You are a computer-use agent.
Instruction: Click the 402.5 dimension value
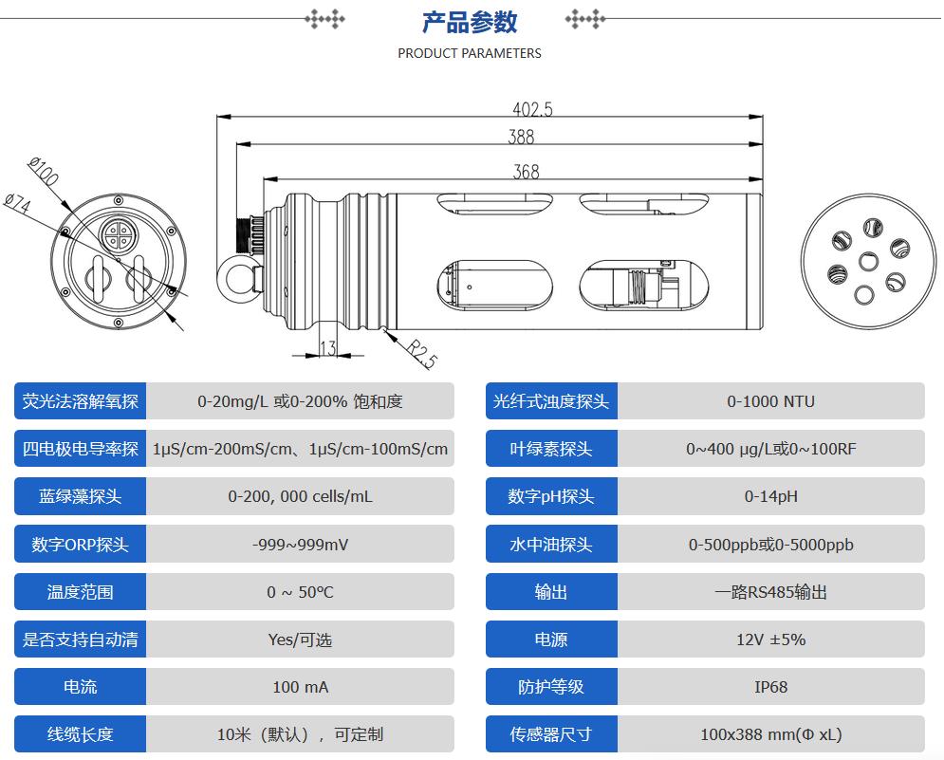[x=532, y=109]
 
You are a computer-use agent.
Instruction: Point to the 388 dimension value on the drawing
[x=521, y=137]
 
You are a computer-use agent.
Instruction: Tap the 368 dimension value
[x=526, y=171]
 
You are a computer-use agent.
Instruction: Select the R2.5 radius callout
[x=421, y=353]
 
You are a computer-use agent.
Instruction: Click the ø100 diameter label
[x=45, y=174]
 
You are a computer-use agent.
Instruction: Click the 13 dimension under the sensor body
[x=328, y=348]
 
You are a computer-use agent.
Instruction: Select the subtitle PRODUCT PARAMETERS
[x=470, y=53]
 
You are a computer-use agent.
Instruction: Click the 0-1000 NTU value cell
[x=770, y=401]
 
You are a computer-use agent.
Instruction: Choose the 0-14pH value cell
[x=770, y=496]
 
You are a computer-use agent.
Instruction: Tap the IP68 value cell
[x=770, y=687]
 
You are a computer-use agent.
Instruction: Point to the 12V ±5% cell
[x=770, y=640]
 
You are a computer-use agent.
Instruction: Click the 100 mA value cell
[x=300, y=687]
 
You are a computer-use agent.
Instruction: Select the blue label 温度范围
[x=81, y=592]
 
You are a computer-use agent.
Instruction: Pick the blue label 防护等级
[x=551, y=687]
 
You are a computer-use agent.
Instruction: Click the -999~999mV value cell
[x=300, y=545]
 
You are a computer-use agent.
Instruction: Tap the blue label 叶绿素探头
[x=551, y=449]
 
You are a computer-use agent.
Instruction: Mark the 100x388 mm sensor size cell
[x=770, y=734]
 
